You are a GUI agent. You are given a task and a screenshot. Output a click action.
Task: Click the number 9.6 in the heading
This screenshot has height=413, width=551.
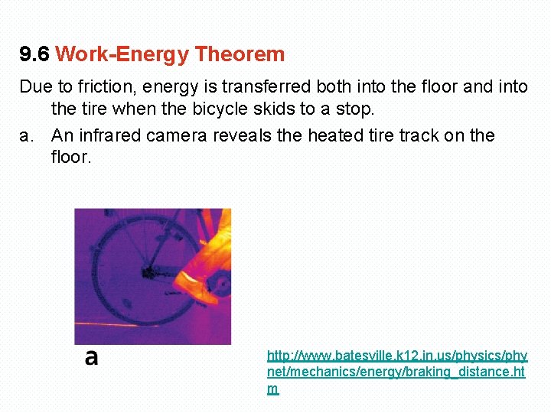(34, 54)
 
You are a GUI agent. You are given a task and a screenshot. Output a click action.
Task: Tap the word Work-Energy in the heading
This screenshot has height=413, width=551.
(123, 54)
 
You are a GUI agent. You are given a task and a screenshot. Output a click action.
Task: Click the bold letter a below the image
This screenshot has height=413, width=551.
(91, 356)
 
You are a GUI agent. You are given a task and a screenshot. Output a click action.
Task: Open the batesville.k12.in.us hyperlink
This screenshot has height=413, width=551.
(396, 372)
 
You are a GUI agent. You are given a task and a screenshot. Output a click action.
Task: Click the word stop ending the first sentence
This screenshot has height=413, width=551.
(356, 109)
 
